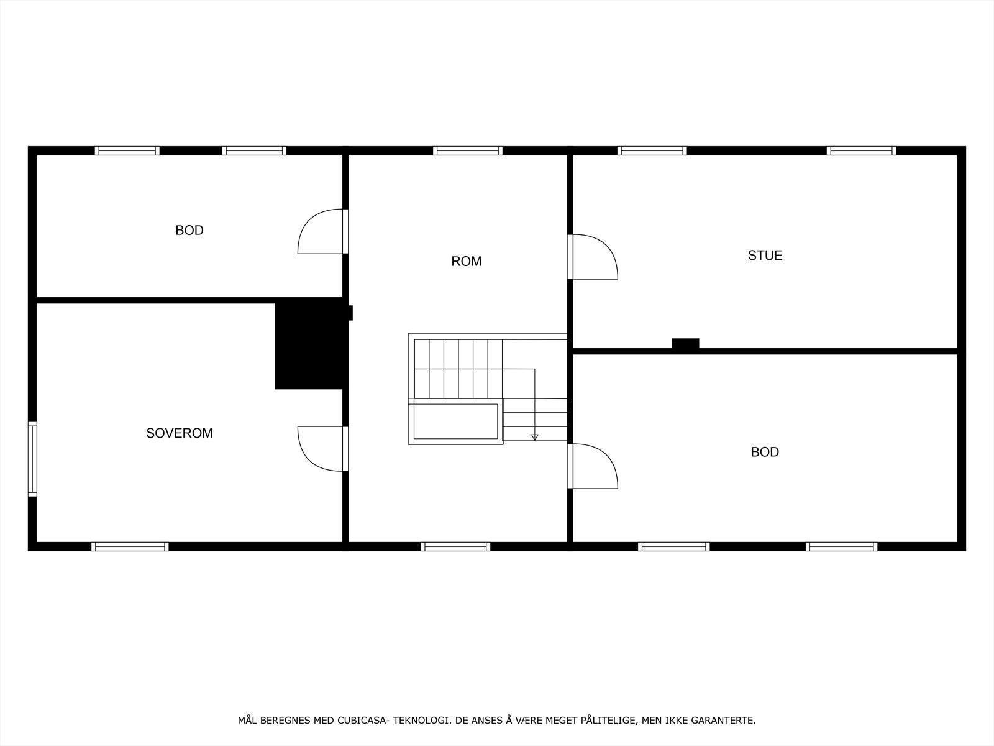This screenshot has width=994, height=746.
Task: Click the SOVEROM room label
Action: [179, 433]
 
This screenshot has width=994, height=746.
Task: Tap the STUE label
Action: [765, 256]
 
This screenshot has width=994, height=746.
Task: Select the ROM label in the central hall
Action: [466, 262]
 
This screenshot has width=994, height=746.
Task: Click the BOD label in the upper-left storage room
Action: [189, 231]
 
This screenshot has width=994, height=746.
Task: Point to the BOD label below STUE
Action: [764, 452]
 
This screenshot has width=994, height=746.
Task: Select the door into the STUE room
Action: [593, 256]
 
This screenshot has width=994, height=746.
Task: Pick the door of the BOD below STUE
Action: [593, 466]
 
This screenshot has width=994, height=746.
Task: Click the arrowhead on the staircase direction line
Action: [534, 437]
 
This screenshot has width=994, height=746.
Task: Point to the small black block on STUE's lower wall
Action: [685, 343]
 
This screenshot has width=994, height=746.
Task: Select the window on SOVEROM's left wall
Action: [32, 459]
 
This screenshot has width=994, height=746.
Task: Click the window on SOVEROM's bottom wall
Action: [130, 547]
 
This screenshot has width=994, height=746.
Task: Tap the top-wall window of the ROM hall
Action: [467, 150]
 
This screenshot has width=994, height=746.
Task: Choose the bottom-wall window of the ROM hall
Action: [455, 547]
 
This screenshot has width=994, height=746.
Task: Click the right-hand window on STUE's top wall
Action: [861, 150]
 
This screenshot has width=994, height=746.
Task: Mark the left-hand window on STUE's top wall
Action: [652, 150]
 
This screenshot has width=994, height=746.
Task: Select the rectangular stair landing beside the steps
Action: [455, 421]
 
